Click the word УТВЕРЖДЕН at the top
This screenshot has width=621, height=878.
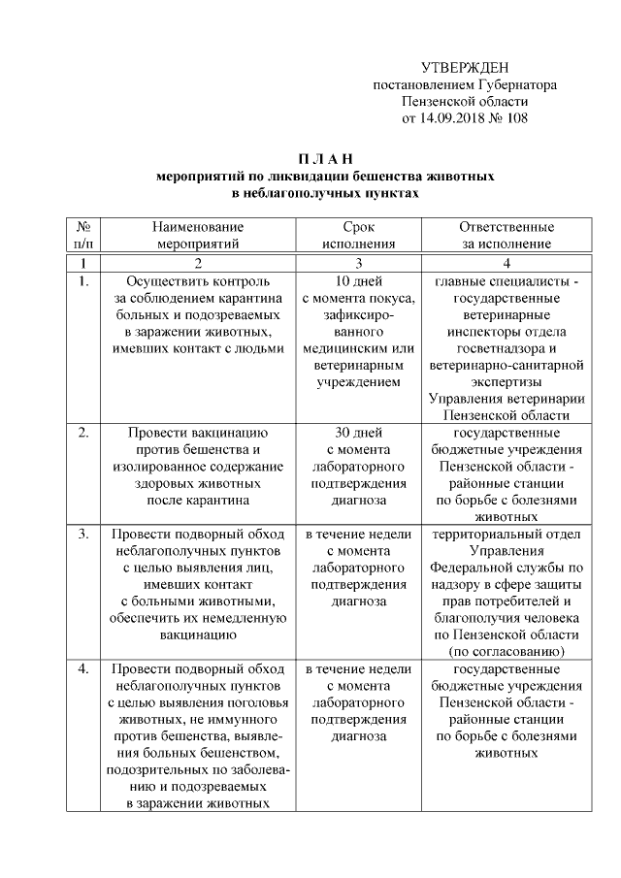(x=466, y=67)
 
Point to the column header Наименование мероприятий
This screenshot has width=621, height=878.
(x=197, y=235)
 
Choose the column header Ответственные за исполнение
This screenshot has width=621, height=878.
(x=506, y=235)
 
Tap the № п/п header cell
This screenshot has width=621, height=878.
(x=83, y=235)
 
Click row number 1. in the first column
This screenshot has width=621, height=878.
(x=83, y=281)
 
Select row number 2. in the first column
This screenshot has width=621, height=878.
(x=83, y=432)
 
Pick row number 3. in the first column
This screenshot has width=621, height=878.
(x=83, y=534)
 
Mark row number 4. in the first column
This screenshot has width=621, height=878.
(x=83, y=669)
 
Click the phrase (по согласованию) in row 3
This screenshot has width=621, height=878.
(x=506, y=651)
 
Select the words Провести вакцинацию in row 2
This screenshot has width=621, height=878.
(x=197, y=432)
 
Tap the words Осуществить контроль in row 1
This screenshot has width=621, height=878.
(x=197, y=281)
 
